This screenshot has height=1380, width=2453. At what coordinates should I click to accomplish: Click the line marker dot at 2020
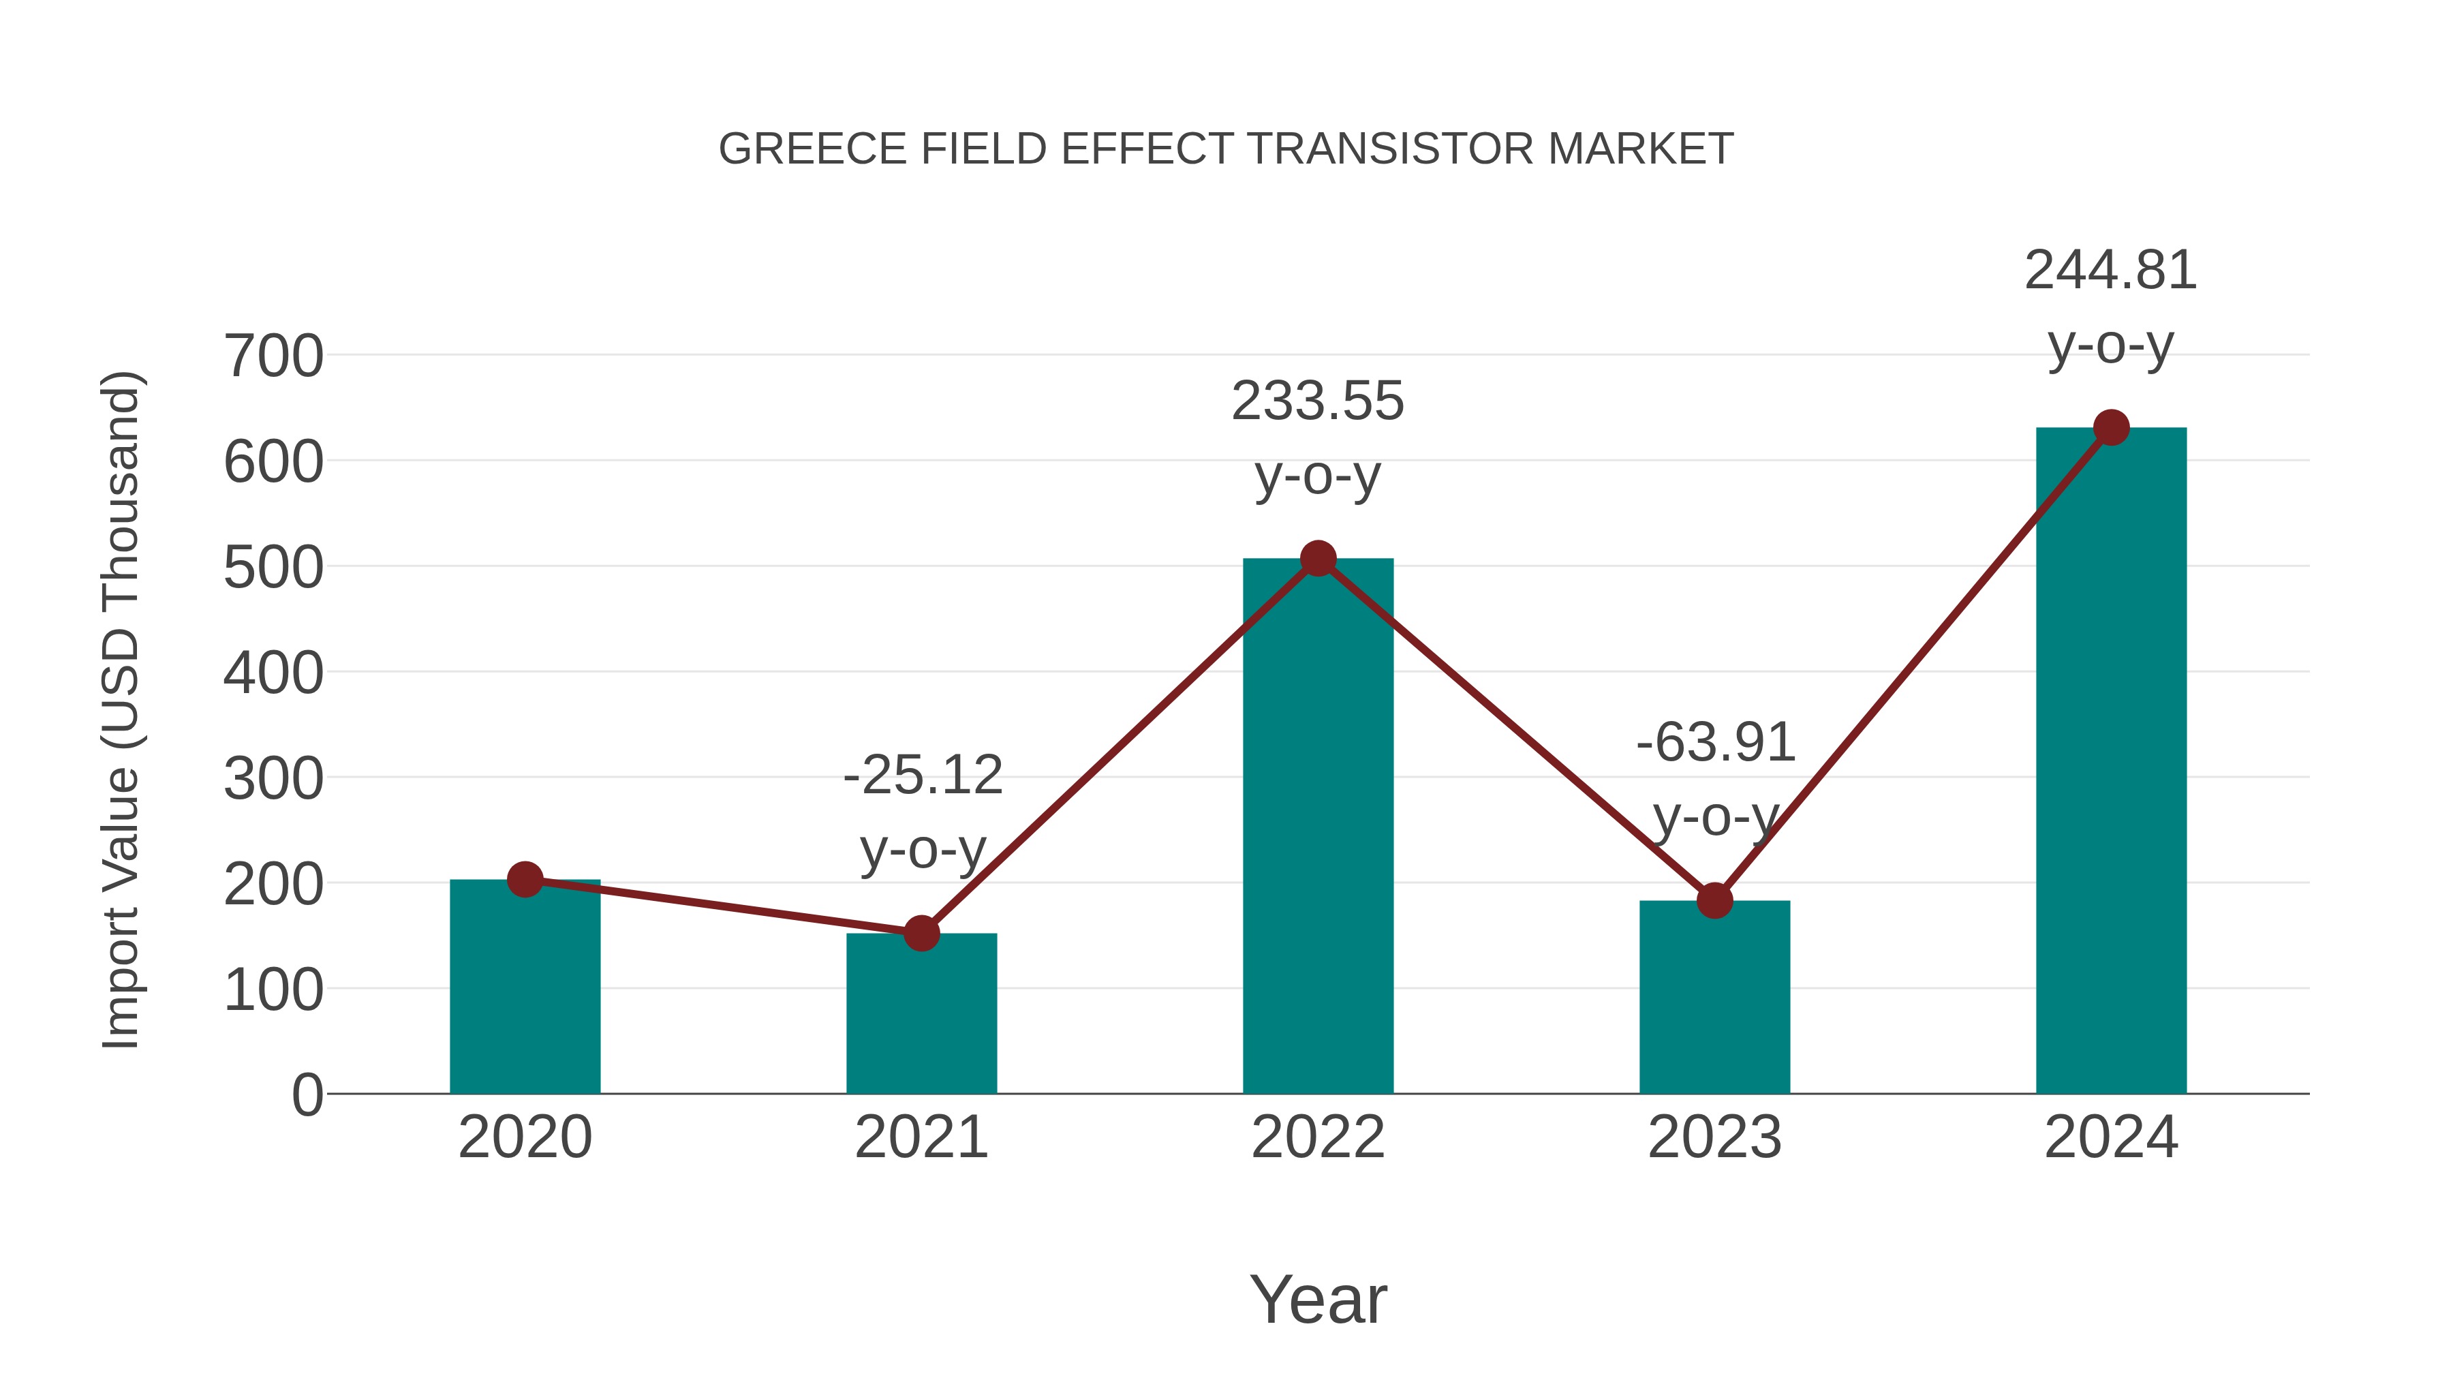525,879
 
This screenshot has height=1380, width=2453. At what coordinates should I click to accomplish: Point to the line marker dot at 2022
1318,558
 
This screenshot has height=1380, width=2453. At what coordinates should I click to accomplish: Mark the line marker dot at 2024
2111,427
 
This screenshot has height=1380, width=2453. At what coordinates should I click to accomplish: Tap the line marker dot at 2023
1714,900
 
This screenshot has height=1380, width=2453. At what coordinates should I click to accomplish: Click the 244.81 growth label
2110,271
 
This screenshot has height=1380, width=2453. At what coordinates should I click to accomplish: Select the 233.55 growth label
1317,401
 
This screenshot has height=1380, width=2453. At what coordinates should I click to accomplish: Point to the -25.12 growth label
923,776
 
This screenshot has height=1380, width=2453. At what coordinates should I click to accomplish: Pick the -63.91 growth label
1715,743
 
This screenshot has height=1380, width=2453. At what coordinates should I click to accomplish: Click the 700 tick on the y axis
273,357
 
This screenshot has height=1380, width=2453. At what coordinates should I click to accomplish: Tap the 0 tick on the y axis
307,1095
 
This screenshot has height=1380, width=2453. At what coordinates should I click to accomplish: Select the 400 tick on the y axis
273,673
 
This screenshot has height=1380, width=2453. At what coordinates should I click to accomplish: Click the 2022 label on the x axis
1318,1137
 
